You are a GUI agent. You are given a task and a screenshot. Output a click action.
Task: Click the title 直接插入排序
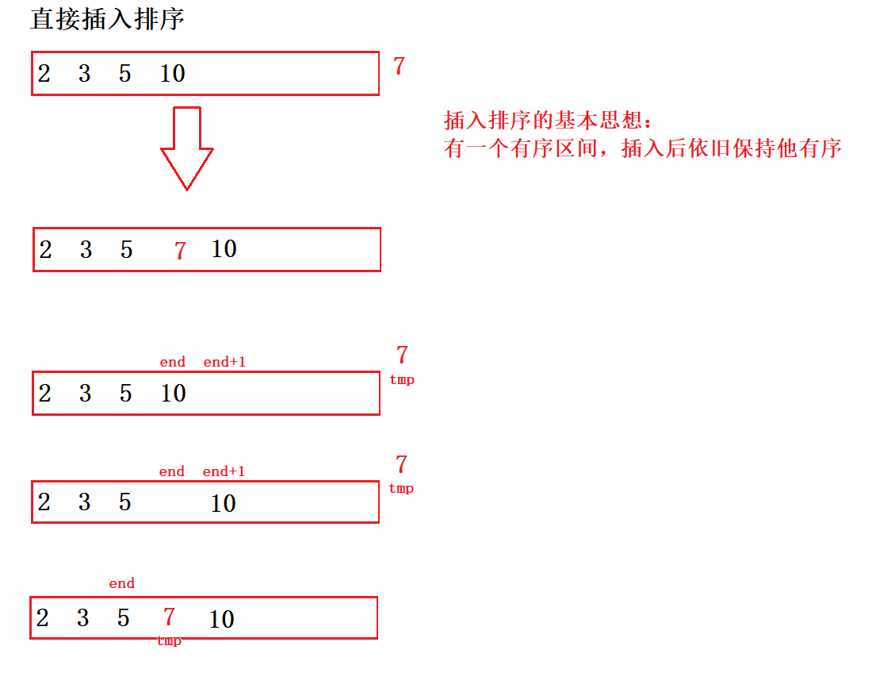(107, 19)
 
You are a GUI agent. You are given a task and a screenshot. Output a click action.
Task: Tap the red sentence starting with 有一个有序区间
(642, 148)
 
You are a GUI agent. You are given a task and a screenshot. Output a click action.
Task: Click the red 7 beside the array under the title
(399, 67)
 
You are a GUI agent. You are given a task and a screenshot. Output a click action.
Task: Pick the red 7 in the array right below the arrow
(181, 251)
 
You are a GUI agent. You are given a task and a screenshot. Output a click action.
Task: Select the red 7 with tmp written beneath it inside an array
(169, 617)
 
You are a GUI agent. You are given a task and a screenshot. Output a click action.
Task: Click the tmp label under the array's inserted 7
(169, 641)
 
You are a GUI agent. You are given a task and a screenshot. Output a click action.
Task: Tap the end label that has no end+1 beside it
(122, 584)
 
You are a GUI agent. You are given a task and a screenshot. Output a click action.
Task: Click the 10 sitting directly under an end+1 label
(224, 503)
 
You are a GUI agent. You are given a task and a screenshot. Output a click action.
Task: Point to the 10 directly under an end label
(173, 393)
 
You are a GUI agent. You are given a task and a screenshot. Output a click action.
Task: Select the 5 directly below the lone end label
(124, 618)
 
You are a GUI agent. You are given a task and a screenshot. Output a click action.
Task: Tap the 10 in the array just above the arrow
(172, 74)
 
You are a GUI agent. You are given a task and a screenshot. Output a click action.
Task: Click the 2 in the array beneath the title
(44, 74)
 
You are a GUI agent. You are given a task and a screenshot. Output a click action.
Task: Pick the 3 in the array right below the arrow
(86, 250)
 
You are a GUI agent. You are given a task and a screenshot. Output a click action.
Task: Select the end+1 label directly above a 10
(224, 471)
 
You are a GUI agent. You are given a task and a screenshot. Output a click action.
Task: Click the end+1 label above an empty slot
(224, 362)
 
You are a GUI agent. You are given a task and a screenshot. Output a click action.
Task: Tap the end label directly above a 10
(172, 362)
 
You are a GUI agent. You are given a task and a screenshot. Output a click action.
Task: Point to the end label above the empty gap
(171, 471)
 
